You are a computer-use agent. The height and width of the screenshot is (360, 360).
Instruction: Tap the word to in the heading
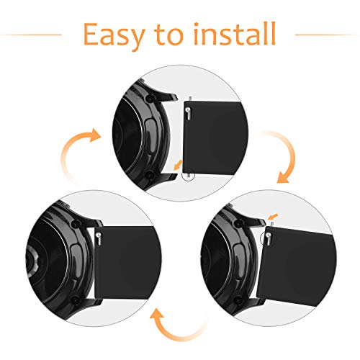169,35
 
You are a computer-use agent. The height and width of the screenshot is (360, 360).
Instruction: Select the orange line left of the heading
31,35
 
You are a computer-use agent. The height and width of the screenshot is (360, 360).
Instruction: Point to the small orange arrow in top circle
178,165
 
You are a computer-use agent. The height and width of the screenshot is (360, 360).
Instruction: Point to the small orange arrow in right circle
273,216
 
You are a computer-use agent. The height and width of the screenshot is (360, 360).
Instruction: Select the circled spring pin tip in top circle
189,176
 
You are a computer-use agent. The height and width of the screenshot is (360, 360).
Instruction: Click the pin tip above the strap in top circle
190,99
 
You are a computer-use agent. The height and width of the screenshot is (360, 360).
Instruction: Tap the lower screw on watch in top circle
150,175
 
